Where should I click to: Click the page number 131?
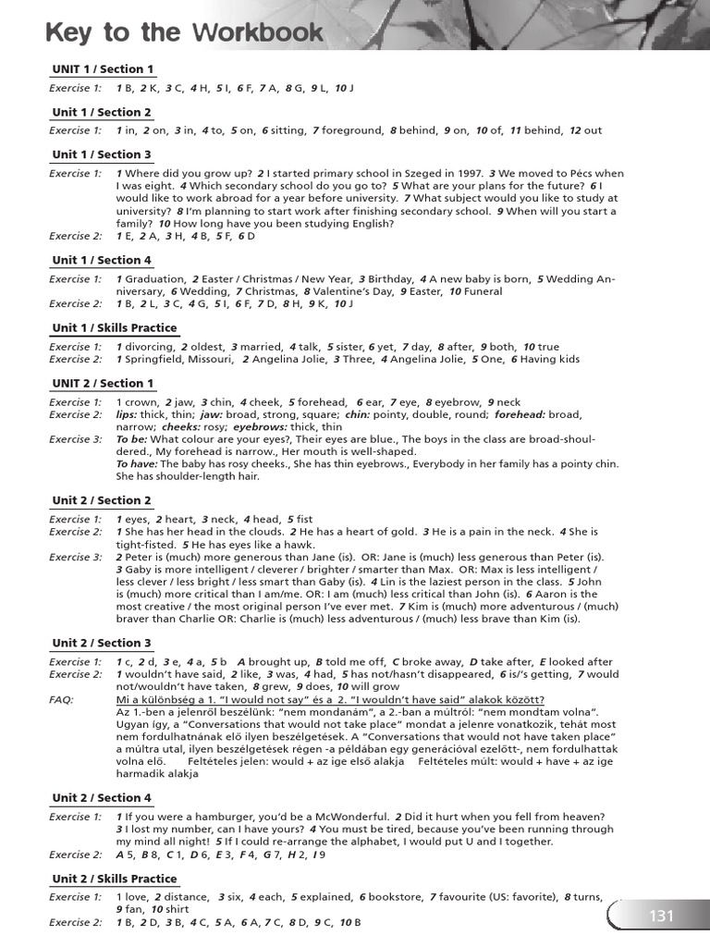(x=662, y=916)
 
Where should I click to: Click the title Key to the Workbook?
(x=184, y=33)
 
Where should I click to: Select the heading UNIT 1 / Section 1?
(x=103, y=69)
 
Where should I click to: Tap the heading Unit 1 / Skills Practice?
(x=115, y=328)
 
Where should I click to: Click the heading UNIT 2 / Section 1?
(x=103, y=383)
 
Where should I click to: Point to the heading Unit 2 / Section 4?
(x=102, y=798)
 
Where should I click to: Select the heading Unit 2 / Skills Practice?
(x=115, y=879)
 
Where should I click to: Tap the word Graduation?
(x=153, y=279)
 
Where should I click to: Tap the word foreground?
(x=350, y=130)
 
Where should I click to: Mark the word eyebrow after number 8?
(x=458, y=402)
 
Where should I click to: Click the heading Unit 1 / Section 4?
(x=102, y=260)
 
